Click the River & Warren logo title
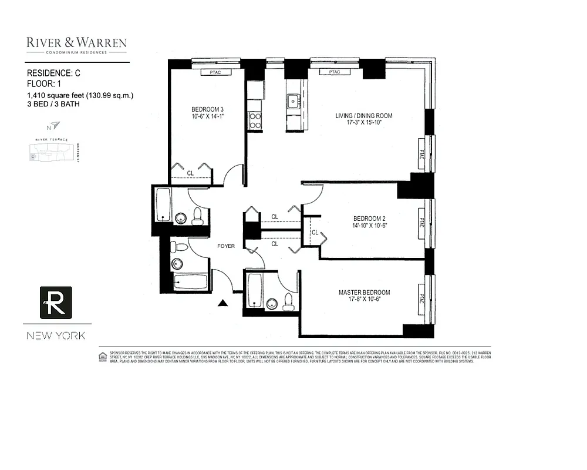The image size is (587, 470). [76, 43]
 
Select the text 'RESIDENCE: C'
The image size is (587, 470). [54, 73]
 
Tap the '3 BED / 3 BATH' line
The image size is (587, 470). [53, 104]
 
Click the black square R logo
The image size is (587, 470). [56, 303]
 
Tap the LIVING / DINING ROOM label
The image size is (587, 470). [363, 116]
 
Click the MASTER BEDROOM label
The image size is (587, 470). [364, 293]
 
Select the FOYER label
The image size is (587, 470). [225, 246]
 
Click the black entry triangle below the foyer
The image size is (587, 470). [223, 303]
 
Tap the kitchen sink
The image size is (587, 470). [293, 101]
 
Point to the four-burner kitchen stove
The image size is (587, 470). [255, 120]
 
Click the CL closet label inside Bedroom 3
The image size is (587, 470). [190, 173]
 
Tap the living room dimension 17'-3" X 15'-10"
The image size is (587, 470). [363, 124]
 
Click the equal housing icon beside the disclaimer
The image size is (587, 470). [103, 356]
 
